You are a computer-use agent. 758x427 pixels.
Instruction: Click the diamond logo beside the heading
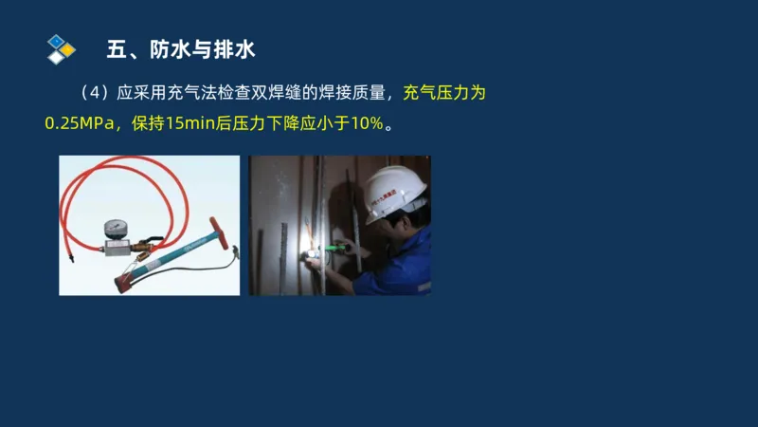[x=61, y=48]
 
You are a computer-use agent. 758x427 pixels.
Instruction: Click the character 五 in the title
[x=117, y=48]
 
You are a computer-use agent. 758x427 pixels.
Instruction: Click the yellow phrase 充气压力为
[x=444, y=93]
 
